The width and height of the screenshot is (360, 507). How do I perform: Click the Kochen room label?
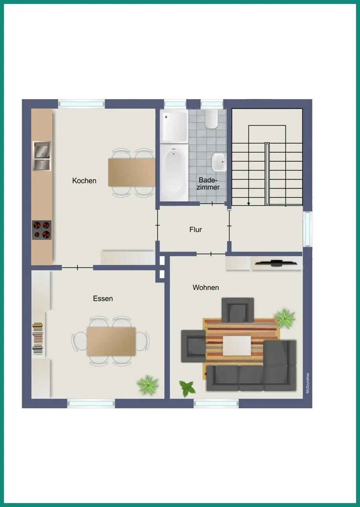[84, 181]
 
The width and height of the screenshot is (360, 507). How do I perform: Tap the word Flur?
[195, 230]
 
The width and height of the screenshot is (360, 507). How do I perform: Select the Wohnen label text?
[206, 287]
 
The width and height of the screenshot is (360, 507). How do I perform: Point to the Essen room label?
[103, 299]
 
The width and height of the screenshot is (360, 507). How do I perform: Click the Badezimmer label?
[208, 184]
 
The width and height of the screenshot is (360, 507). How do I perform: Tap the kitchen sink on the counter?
[42, 156]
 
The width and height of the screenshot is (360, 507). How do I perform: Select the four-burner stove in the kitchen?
[42, 230]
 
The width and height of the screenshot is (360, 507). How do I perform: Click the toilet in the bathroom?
[211, 119]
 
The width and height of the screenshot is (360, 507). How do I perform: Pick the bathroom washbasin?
[219, 162]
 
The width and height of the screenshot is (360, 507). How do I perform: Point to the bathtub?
[174, 172]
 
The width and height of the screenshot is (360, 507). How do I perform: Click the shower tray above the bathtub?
[174, 126]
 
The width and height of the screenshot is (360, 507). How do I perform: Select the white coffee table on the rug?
[237, 345]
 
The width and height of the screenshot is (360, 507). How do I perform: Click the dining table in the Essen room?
[111, 342]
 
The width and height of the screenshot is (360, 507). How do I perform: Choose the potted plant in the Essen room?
[147, 385]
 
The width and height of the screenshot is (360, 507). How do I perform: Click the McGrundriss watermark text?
[307, 383]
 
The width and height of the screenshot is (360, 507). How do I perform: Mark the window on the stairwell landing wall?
[307, 229]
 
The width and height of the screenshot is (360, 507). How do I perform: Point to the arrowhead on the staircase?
[248, 204]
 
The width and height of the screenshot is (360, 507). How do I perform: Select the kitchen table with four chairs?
[132, 173]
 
